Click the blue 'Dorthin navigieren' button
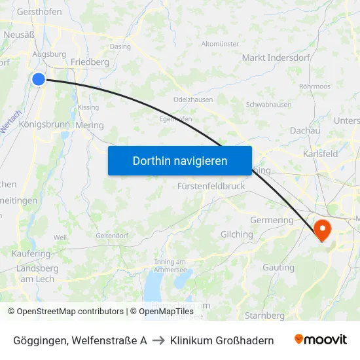179,160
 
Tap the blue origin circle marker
39,79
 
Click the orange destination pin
323,230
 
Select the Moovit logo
320,340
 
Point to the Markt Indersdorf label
272,58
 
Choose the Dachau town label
305,130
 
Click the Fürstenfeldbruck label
211,186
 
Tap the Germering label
272,220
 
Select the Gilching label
236,234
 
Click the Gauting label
278,267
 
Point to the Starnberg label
264,315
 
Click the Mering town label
90,125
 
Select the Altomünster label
221,44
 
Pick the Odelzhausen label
192,99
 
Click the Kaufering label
31,253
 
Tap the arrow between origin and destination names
158,340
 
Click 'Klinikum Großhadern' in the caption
222,340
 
